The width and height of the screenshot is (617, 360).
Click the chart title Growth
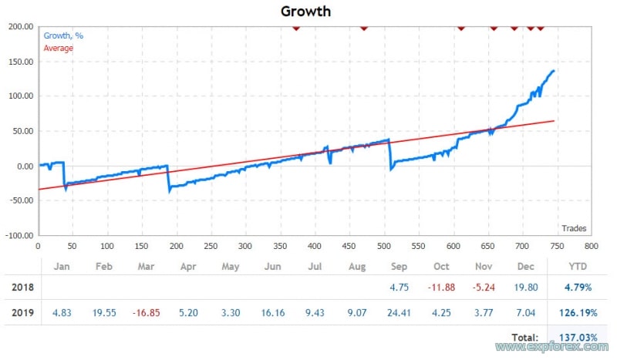(305, 12)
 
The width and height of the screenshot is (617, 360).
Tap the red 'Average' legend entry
(59, 48)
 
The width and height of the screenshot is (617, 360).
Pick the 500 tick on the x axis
(383, 247)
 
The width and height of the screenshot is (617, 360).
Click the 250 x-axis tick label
(211, 247)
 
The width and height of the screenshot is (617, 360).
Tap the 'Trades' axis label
(574, 227)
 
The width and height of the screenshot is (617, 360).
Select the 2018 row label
(22, 288)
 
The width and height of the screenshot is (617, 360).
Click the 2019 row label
(22, 313)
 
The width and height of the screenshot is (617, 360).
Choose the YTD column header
(577, 266)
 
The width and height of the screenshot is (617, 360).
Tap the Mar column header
(146, 266)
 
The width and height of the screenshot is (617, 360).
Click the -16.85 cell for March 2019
(146, 313)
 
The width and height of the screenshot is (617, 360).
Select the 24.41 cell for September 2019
(400, 313)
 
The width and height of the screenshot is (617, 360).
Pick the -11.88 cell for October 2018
(442, 288)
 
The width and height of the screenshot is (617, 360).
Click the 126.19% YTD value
(577, 313)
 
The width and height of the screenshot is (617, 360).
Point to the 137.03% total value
(577, 338)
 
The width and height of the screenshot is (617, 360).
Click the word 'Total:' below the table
(525, 338)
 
